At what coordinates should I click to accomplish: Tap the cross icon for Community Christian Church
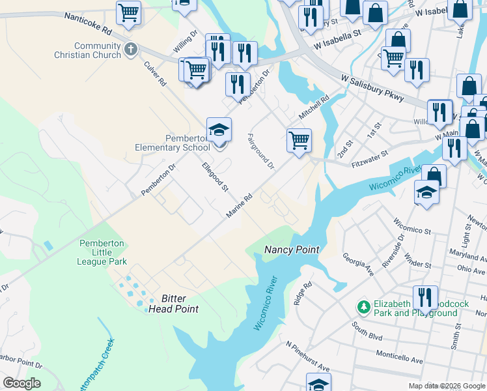coord(130,49)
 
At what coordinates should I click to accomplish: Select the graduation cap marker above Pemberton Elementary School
coord(219,130)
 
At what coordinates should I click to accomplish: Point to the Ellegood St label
coord(216,177)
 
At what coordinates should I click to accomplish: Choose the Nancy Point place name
coord(292,250)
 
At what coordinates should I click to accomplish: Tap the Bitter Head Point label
coord(173,303)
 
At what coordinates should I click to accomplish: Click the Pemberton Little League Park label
coord(102,252)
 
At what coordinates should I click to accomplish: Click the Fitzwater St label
coord(369,160)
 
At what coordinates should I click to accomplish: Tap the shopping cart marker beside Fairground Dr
coord(299,139)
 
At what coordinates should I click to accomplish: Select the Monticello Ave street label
coord(400,356)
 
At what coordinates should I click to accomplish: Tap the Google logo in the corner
coord(21,383)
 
